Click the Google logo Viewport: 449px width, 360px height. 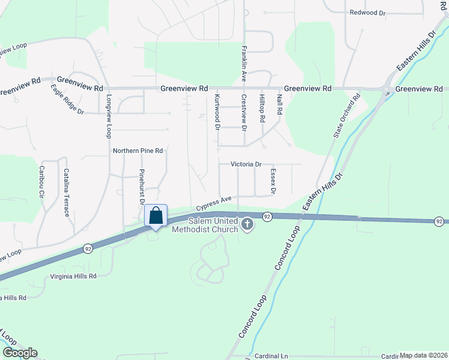[19, 353]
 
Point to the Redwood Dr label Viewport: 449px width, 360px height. [367, 12]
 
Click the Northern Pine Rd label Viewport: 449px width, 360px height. [138, 151]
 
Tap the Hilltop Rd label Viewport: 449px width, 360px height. [262, 108]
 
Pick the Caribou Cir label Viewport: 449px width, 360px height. [42, 182]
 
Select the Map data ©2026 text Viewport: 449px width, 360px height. [423, 355]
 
